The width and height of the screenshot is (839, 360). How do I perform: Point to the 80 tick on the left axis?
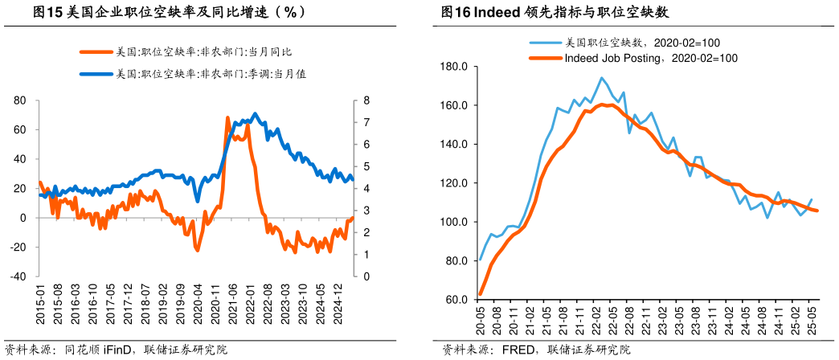(x=20, y=100)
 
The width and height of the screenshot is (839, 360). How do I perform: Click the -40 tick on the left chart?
(x=18, y=276)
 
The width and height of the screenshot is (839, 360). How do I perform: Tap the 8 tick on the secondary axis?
(x=366, y=100)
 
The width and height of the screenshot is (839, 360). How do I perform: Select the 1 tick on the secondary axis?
(x=366, y=255)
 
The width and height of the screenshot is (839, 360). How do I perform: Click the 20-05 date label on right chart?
(x=481, y=320)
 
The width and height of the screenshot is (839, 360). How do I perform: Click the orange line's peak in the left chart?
(x=227, y=117)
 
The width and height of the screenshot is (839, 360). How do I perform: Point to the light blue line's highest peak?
(x=601, y=78)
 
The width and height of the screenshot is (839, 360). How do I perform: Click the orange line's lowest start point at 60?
(x=481, y=294)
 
